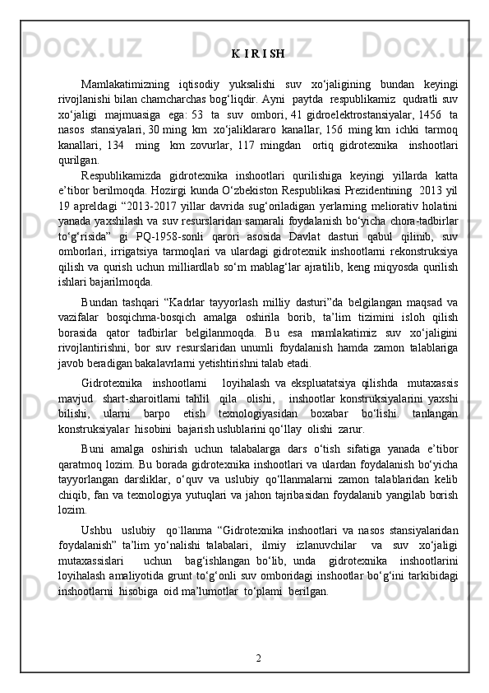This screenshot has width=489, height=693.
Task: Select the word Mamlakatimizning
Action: coord(122,84)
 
